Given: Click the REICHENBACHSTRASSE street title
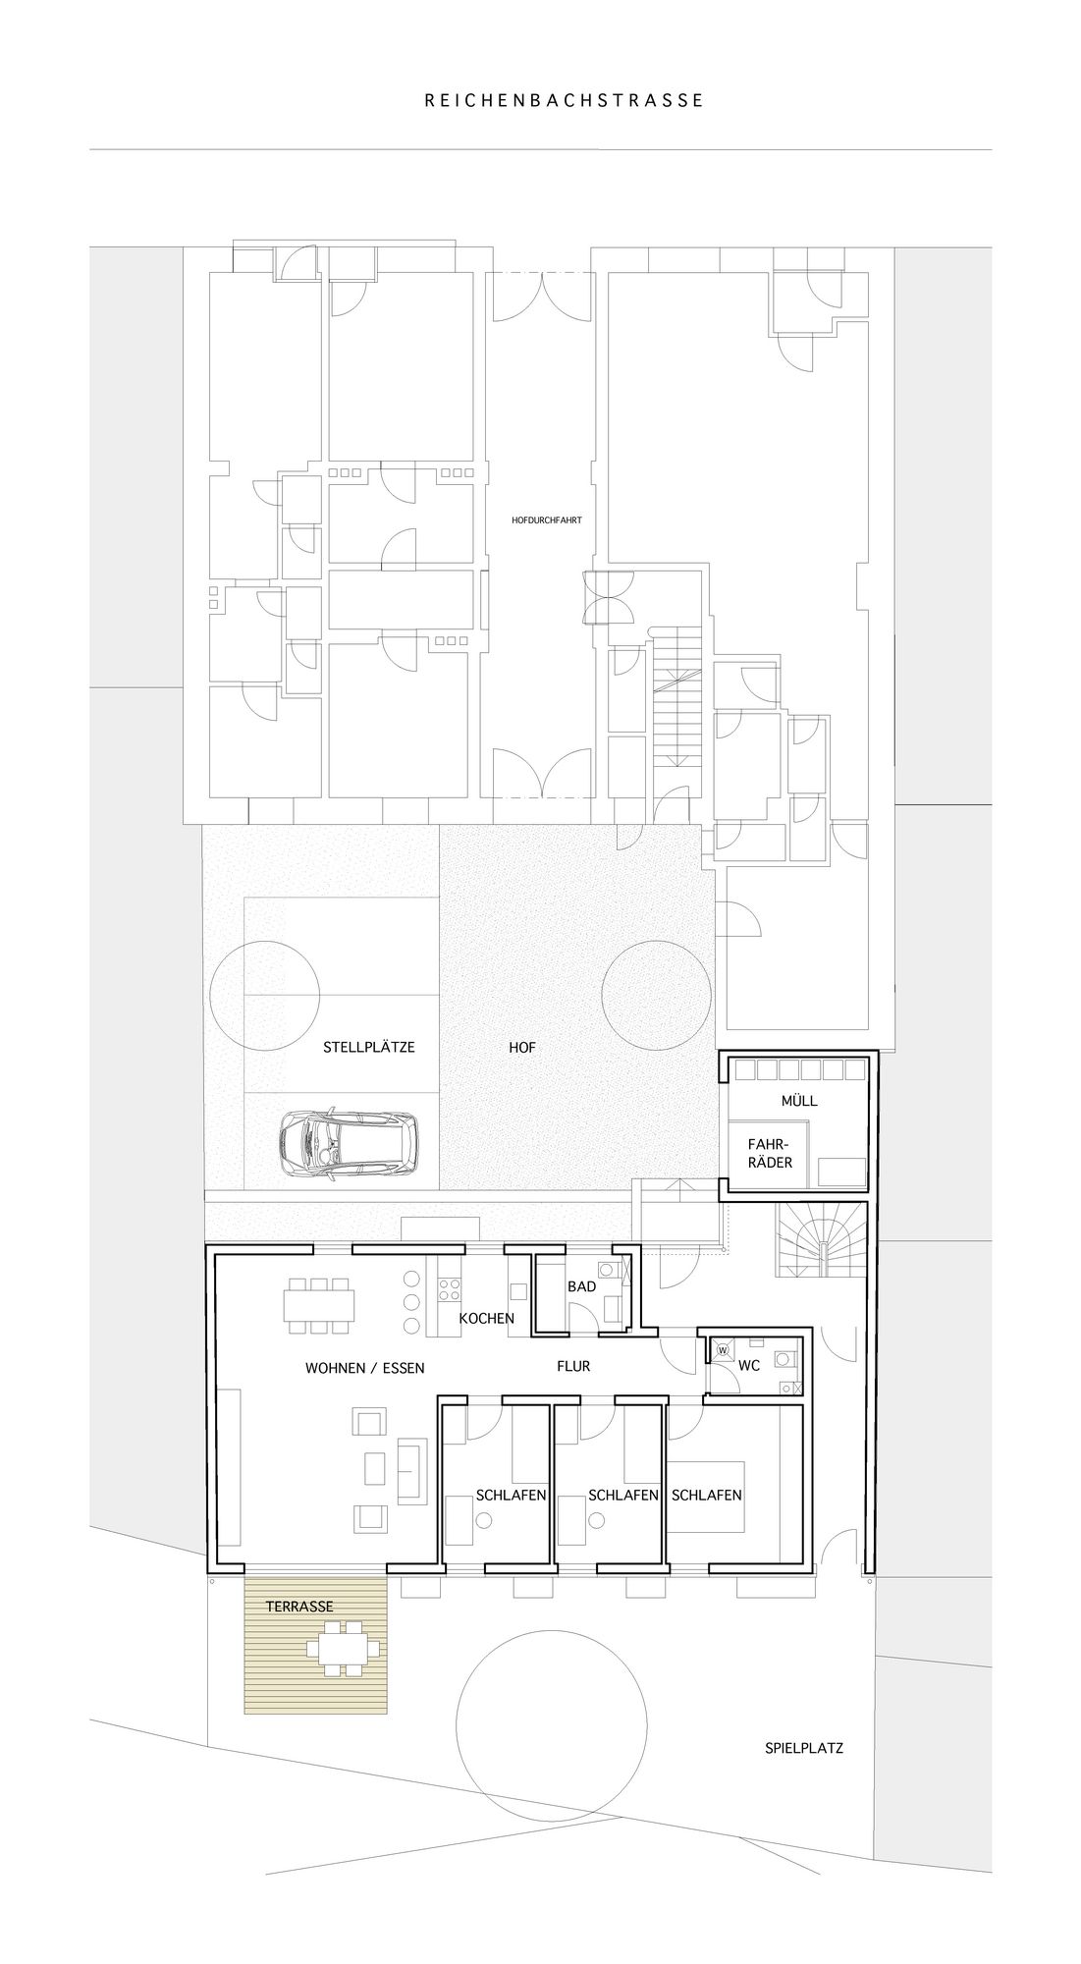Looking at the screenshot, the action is coord(564,100).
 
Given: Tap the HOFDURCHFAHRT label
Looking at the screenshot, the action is coord(547,520).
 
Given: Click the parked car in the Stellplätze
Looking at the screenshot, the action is coord(348,1143).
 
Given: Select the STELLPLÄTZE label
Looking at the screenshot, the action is coord(369,1047).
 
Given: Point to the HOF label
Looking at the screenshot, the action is coord(522,1048).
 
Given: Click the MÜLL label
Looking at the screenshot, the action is coord(799,1101).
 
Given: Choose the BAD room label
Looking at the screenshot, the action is coord(581,1285).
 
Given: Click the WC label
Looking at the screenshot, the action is coord(749,1366).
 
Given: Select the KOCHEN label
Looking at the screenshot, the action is coord(487,1318).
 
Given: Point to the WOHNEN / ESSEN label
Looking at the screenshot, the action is coord(365,1367).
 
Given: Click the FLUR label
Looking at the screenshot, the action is coord(573,1366).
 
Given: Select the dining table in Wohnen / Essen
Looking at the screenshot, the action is coord(319,1305).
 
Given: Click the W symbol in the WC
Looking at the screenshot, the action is coord(723,1350).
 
